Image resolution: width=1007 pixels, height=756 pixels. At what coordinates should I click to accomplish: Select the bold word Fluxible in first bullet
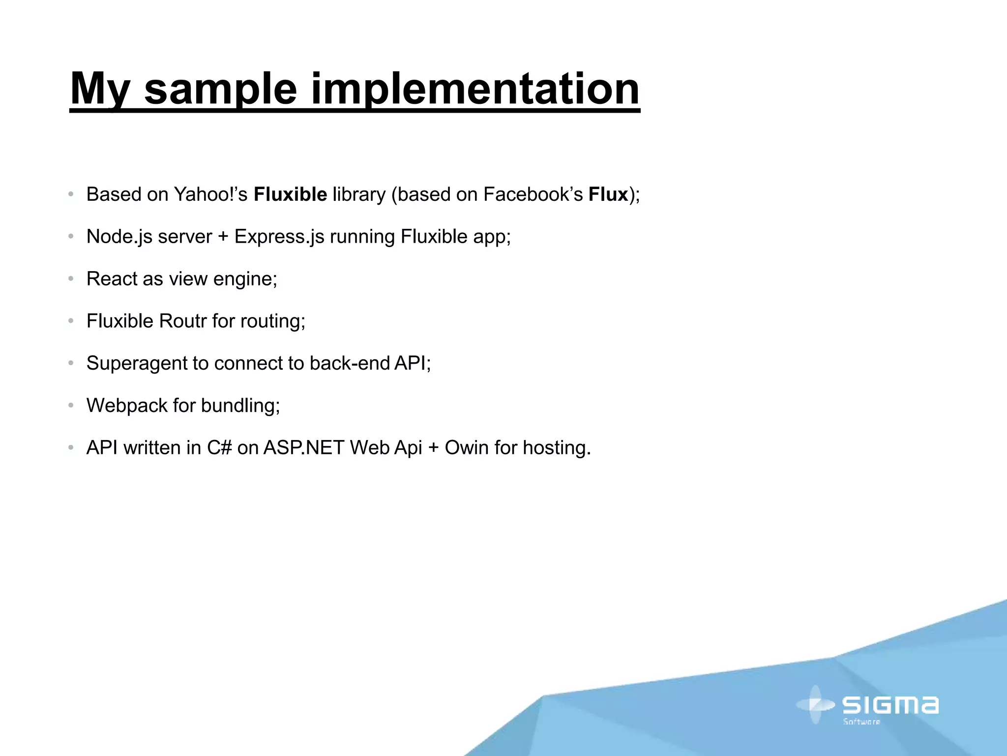tap(290, 194)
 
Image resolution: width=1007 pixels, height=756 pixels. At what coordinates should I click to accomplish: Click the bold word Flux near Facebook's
tap(608, 194)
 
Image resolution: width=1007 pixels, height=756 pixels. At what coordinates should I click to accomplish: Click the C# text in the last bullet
tap(219, 448)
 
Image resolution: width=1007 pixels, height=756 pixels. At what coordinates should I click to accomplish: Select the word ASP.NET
tap(303, 448)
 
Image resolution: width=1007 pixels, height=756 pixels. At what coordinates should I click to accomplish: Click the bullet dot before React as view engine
tap(71, 279)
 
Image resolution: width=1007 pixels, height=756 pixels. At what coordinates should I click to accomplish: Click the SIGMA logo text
tap(890, 705)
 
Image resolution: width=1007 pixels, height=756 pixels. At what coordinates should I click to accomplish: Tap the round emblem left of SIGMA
tap(816, 705)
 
